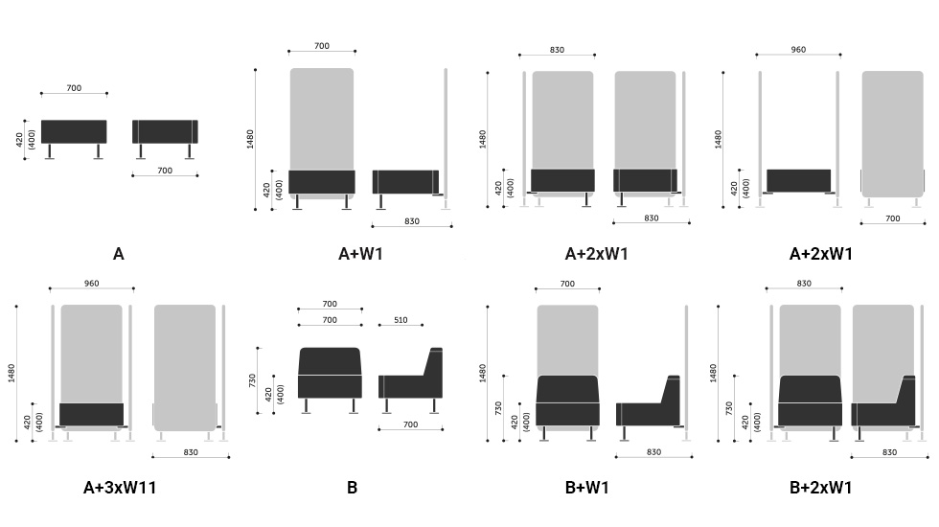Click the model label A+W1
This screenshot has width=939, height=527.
point(360,254)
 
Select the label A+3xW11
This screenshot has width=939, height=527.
point(120,488)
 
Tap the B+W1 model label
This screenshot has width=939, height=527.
point(586,488)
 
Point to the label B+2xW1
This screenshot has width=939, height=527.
point(820,488)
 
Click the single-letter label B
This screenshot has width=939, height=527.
point(353,488)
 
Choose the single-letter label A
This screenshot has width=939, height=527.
point(119,254)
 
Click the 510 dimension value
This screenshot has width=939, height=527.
point(401,320)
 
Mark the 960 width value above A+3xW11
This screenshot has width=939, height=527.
point(92,284)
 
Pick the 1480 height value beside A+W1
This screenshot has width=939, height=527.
point(250,139)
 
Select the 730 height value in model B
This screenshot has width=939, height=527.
point(252,380)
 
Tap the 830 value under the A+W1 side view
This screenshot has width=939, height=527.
point(412,221)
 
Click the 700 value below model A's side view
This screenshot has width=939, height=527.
point(165,171)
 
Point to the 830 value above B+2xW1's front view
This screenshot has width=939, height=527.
point(804,284)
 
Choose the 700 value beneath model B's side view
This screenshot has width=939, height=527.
point(410,424)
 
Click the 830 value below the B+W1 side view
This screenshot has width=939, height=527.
point(653,452)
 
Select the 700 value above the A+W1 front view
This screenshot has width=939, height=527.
point(322,46)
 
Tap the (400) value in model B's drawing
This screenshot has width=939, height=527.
point(280,394)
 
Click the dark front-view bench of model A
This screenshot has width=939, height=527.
point(74,132)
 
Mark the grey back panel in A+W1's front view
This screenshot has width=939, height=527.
point(322,119)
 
